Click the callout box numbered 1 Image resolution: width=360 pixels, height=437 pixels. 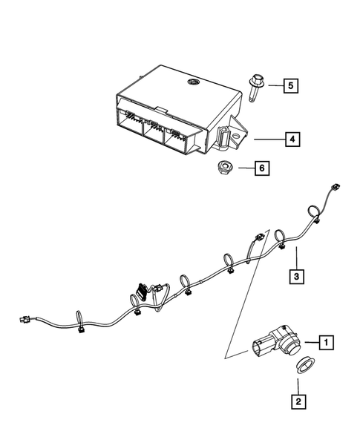[324, 342]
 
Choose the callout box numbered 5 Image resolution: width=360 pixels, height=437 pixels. [292, 87]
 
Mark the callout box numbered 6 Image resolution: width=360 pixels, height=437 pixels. [261, 168]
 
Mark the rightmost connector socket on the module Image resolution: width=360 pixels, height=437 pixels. [178, 137]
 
